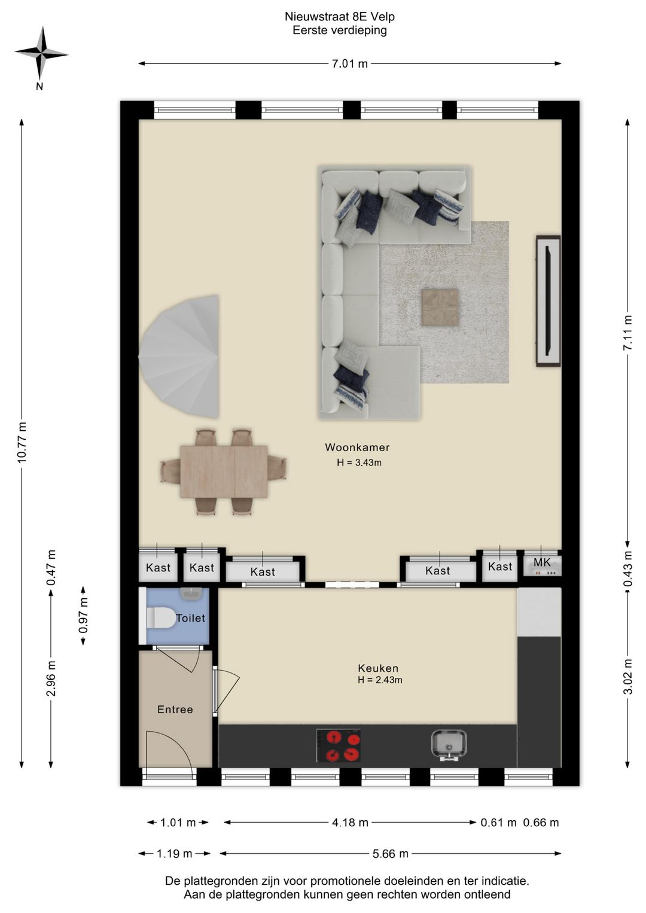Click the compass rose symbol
[x=41, y=53]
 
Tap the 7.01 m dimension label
[x=349, y=63]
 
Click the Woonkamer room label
[x=357, y=447]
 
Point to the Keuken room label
[x=378, y=668]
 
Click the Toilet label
[x=190, y=618]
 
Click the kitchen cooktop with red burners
[x=339, y=745]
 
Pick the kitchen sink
[x=449, y=745]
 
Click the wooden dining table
[x=224, y=471]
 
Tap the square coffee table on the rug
[x=440, y=307]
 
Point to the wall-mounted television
[x=548, y=301]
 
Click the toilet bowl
[x=160, y=617]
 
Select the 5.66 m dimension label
[x=390, y=853]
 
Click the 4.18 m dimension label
[x=350, y=822]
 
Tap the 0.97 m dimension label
[x=84, y=616]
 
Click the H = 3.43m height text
[x=359, y=462]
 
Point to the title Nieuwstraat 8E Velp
[x=340, y=17]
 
